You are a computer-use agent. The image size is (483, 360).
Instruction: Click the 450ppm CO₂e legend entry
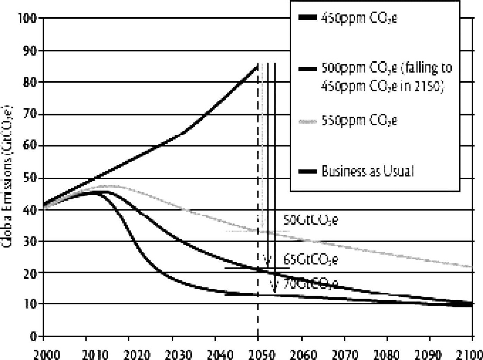359,18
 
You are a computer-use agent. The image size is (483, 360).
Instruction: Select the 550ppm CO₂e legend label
359,121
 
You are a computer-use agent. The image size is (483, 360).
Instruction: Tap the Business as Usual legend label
367,171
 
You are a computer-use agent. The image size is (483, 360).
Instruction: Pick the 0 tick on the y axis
34,336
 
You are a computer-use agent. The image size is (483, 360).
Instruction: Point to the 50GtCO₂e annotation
310,220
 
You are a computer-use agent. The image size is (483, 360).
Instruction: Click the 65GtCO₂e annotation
310,260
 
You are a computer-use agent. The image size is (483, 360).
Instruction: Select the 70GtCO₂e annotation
310,284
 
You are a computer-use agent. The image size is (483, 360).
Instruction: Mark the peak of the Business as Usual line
257,65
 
